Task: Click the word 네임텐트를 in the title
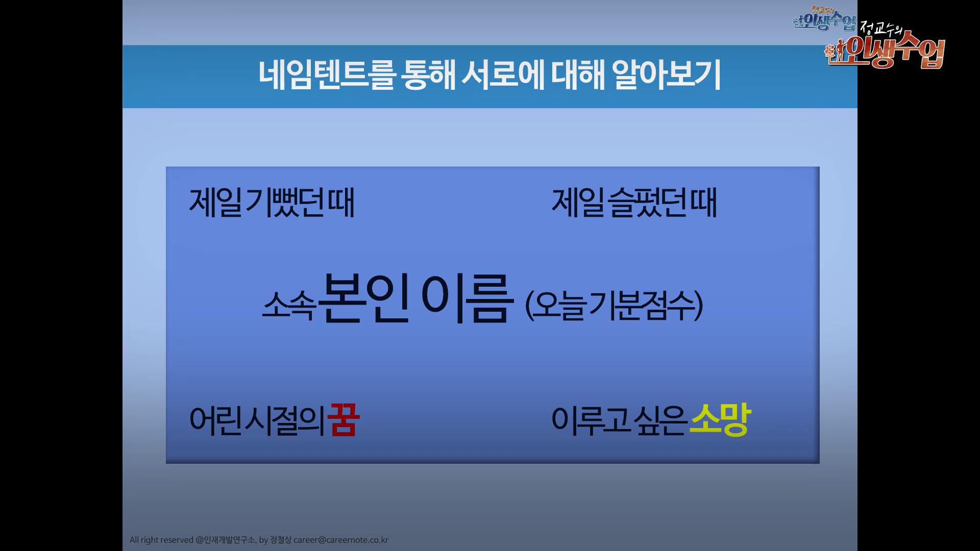327,75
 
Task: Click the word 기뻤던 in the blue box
285,203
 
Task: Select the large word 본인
364,298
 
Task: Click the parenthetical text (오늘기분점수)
615,305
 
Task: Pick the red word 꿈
344,420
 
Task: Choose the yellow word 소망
720,420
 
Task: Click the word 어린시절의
257,421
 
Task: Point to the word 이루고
591,421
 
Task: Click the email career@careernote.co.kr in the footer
341,540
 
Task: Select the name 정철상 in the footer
281,540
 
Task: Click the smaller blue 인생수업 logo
824,19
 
